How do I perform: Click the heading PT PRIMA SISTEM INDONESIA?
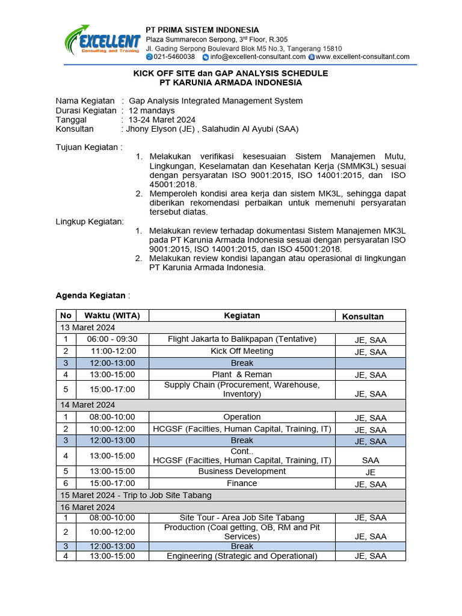pos(203,30)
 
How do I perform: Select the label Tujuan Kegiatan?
pos(88,147)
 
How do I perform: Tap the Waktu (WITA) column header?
pos(112,315)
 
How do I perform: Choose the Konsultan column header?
pos(363,316)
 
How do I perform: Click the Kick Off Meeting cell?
pos(242,351)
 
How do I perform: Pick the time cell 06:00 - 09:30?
pos(112,339)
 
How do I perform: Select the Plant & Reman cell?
pos(242,374)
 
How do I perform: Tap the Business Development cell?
pos(242,471)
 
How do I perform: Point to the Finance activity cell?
pos(242,483)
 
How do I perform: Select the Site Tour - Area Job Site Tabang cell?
pos(242,517)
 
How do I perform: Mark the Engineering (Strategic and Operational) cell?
pos(242,556)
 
